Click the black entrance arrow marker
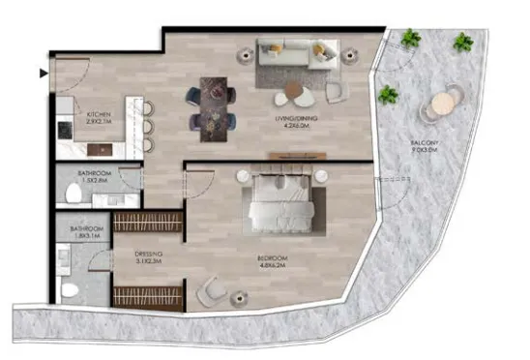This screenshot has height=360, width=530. click(43, 73)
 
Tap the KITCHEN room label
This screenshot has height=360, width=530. click(99, 113)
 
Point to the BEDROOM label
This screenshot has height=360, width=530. click(274, 257)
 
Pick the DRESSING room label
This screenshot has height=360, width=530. click(149, 255)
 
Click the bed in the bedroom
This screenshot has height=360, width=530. click(280, 201)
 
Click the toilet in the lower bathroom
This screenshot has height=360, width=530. click(69, 288)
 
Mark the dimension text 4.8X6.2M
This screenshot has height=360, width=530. click(274, 264)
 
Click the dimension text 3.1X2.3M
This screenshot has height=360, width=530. click(149, 262)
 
